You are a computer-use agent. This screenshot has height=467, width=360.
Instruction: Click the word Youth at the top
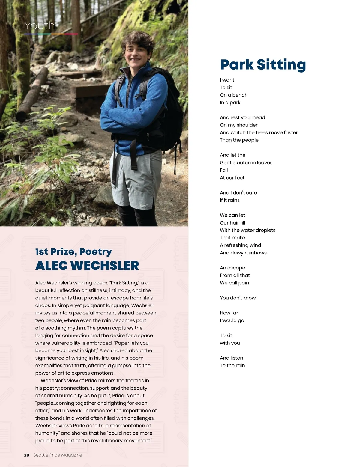[40, 26]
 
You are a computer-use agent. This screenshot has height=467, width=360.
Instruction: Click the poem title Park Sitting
[263, 65]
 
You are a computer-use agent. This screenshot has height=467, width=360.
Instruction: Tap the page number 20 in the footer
[27, 455]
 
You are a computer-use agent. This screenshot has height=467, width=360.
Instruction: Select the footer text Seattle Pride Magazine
[58, 455]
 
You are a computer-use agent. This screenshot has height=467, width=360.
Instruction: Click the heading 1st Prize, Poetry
[73, 252]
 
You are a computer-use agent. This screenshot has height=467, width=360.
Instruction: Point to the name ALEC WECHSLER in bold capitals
[87, 266]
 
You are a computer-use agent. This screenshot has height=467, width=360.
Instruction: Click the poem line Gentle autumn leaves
[246, 162]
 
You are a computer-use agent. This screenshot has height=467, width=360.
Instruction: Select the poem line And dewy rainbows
[243, 253]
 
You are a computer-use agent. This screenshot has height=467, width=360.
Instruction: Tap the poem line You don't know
[238, 298]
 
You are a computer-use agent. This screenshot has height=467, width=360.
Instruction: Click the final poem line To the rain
[232, 365]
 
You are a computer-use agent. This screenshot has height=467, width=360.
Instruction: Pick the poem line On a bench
[234, 95]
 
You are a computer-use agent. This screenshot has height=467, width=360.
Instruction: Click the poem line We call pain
[234, 283]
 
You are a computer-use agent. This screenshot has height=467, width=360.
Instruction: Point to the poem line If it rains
[229, 200]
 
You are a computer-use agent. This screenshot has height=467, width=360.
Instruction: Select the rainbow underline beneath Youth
[51, 34]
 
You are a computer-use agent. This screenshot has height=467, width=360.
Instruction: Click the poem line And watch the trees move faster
[259, 132]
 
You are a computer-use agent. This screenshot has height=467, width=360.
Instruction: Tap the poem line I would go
[232, 320]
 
